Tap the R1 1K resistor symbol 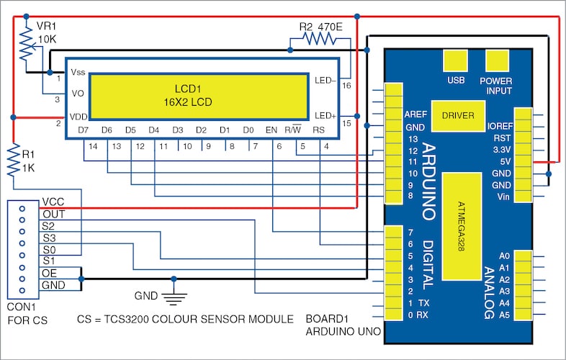point(14,160)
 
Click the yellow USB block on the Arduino point(456,61)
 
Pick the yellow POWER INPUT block point(496,61)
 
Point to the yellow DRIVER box point(458,114)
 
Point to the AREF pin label point(415,114)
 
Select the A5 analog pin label point(503,315)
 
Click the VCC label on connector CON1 point(53,202)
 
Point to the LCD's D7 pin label point(84,130)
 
